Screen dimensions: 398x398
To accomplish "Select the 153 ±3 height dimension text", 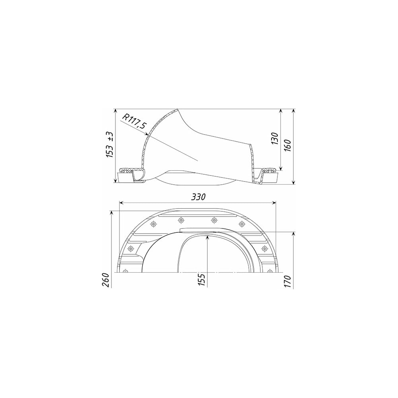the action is pyautogui.click(x=110, y=144).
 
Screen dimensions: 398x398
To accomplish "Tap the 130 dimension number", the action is pyautogui.click(x=275, y=139).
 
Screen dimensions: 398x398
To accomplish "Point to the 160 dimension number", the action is pyautogui.click(x=288, y=145).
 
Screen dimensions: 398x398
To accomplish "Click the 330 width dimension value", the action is pyautogui.click(x=198, y=197).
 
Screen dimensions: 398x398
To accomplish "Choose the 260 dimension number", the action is pyautogui.click(x=106, y=280).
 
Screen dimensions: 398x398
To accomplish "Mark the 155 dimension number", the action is pyautogui.click(x=201, y=280).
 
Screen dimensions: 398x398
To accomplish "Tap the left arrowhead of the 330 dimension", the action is pyautogui.click(x=121, y=203).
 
